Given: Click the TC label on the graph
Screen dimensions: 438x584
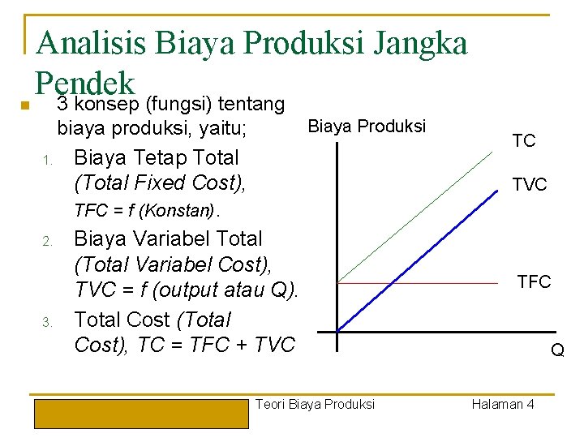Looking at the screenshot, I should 524,140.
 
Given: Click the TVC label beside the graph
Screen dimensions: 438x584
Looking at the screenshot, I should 529,186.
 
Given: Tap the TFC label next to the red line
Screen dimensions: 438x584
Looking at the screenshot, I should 534,282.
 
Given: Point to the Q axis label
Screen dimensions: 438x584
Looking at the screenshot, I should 557,350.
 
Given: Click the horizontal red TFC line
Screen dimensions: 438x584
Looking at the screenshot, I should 418,283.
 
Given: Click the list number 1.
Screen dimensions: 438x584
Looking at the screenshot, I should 48,160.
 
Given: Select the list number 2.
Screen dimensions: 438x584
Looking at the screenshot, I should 48,241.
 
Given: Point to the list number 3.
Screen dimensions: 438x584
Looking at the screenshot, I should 48,322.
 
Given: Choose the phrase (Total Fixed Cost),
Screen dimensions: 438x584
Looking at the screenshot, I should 159,182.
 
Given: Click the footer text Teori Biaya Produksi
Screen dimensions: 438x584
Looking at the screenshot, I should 315,404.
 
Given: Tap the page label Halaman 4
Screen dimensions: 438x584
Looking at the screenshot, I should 502,404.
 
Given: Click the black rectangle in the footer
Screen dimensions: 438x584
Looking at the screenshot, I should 140,412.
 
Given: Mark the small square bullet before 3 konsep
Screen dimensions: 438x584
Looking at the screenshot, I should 25,106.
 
